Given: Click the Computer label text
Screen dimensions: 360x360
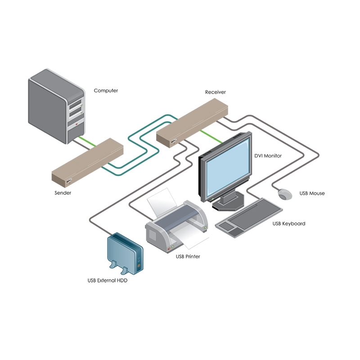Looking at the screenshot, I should (x=106, y=90).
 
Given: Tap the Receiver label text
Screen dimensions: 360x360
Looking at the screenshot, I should (x=215, y=92).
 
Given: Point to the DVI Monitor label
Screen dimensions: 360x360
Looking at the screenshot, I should (x=268, y=156).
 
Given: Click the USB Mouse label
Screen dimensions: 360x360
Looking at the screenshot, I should (x=312, y=193).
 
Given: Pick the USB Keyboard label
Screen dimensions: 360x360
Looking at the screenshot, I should (x=289, y=224).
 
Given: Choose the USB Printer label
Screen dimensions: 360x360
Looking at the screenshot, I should (x=188, y=256).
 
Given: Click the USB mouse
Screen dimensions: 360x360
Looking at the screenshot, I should (x=285, y=194).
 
